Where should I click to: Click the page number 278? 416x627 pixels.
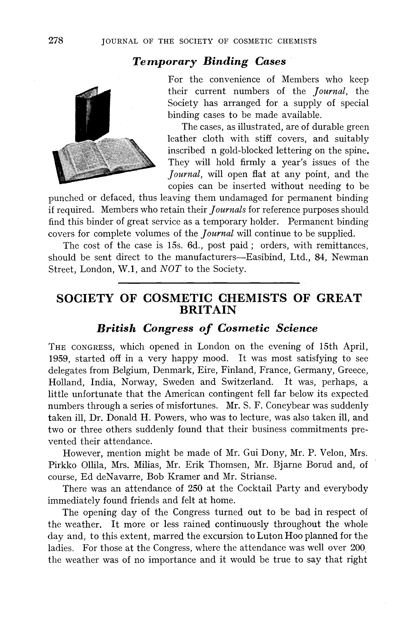56,40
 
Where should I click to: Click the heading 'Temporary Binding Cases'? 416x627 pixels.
209,62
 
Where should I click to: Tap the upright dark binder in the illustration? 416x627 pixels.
92,114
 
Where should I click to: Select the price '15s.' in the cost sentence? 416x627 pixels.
175,245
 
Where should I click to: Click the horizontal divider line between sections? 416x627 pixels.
209,283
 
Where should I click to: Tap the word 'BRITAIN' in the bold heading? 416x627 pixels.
208,310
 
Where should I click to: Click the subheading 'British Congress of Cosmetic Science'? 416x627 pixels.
207,328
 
